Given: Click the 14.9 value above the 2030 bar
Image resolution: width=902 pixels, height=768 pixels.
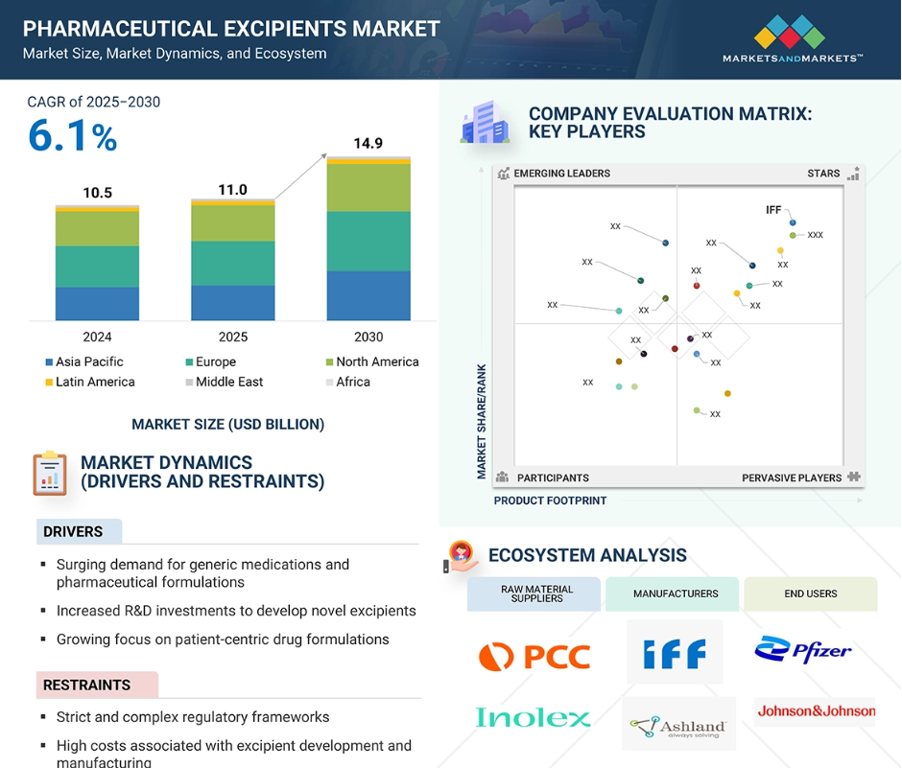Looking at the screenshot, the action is point(368,143).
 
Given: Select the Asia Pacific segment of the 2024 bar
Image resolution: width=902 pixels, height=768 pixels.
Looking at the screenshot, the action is point(97,304).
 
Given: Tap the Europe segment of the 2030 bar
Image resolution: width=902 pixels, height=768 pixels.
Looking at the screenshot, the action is point(368,242).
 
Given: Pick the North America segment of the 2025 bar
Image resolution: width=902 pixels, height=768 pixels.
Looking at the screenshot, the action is point(233,223).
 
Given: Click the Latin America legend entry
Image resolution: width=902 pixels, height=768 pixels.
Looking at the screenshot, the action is point(90,382).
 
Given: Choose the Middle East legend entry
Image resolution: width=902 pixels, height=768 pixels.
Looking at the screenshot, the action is point(225,382).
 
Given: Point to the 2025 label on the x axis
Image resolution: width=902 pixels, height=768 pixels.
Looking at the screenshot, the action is point(233,337).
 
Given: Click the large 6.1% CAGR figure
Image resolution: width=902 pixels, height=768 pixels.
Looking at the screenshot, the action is point(73,136).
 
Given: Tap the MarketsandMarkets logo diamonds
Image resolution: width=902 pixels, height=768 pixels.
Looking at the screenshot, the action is point(789,32).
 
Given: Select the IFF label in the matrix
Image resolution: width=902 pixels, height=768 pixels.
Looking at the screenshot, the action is point(773,210).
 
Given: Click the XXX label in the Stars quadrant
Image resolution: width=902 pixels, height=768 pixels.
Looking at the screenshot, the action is point(815,235).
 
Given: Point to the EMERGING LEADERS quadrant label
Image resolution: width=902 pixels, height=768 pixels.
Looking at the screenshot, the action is point(561,173).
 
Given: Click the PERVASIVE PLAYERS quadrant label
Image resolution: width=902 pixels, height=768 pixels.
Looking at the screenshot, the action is point(792,477).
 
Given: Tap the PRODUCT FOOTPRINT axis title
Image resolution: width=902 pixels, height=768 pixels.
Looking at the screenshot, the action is point(550,500).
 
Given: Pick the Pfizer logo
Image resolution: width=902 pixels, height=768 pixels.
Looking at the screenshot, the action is point(803,649).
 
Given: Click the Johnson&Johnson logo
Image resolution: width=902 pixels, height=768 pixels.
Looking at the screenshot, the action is point(816,711).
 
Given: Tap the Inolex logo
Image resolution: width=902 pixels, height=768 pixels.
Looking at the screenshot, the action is point(533,717).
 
